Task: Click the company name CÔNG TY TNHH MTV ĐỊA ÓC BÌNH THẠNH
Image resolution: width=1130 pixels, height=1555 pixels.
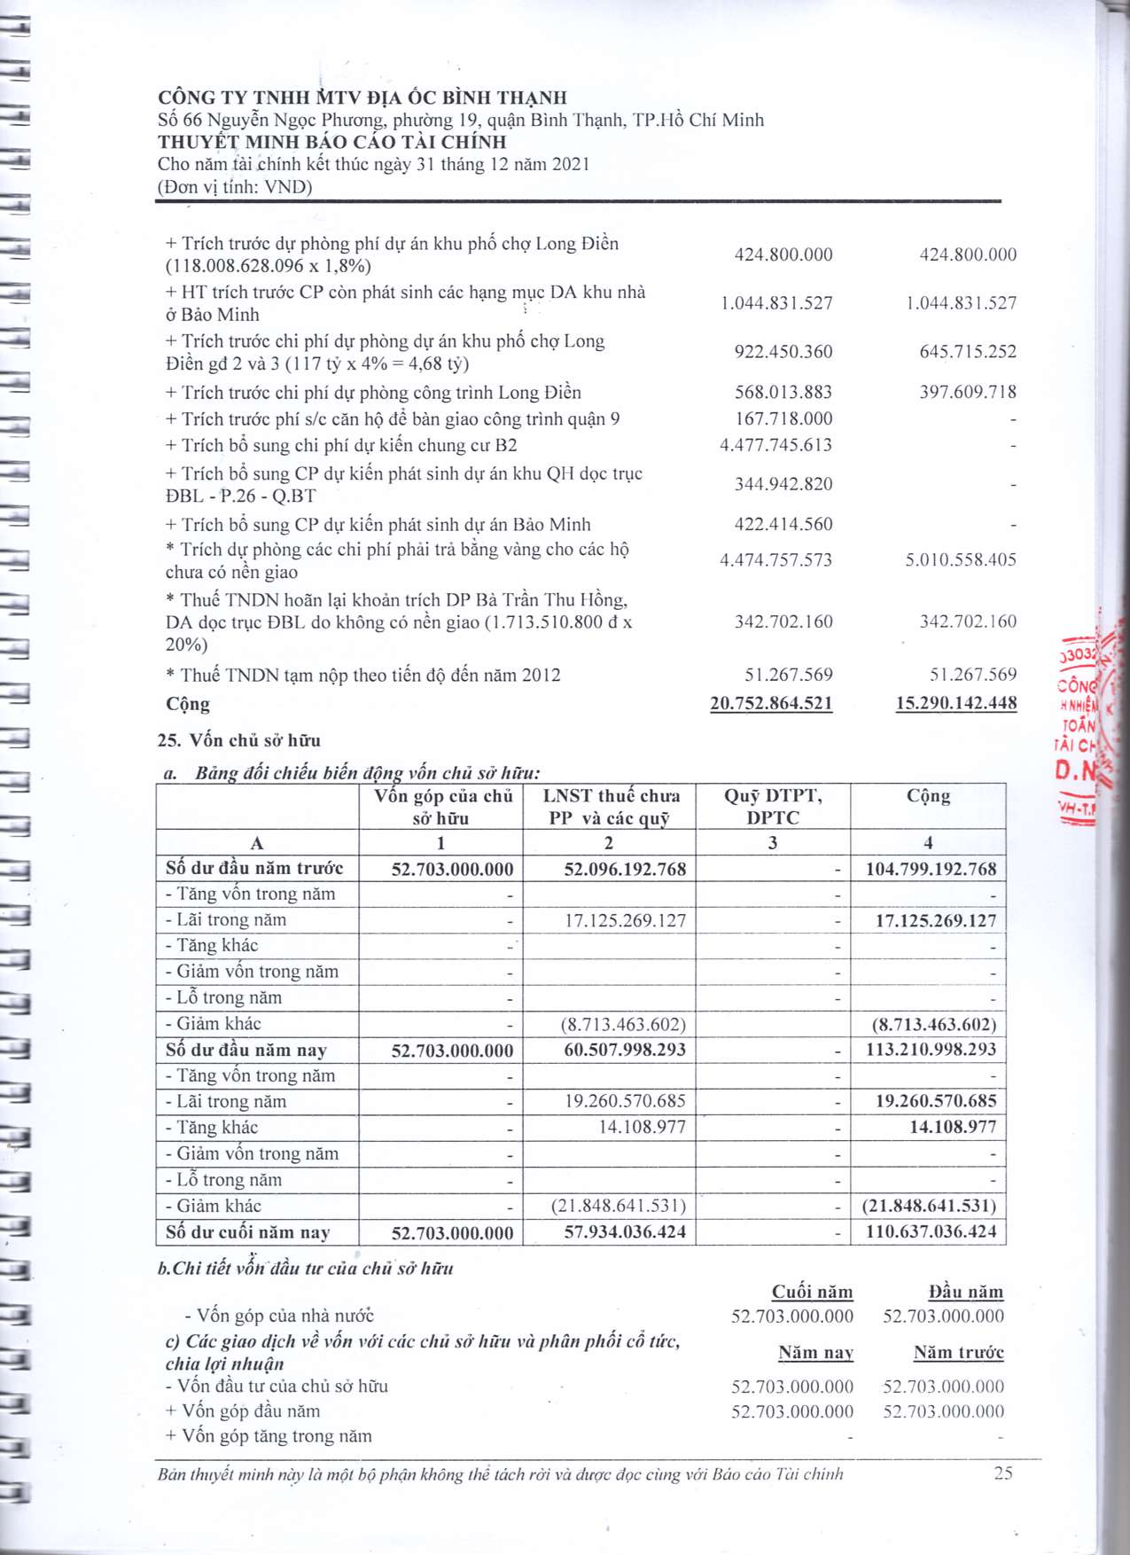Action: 362,98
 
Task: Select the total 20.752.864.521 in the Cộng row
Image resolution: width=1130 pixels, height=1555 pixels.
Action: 771,703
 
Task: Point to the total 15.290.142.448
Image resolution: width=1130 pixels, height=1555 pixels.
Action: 956,703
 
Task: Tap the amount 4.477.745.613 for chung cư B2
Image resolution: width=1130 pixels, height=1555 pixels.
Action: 775,445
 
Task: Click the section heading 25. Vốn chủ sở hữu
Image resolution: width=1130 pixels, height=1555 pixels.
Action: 238,740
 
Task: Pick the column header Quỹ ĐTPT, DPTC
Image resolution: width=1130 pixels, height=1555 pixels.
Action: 773,807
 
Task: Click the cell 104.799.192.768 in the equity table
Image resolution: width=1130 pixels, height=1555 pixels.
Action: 931,869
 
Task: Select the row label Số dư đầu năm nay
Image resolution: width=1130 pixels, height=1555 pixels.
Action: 246,1051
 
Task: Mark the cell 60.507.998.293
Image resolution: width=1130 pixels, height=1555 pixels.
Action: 625,1050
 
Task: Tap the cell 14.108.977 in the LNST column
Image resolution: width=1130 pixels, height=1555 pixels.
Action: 642,1127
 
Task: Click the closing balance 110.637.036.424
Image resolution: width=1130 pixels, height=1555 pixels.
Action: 931,1231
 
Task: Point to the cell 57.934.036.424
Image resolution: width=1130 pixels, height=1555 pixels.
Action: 625,1231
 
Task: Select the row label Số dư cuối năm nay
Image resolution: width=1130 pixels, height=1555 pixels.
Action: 248,1232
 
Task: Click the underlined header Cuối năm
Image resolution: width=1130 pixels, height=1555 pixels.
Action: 812,1292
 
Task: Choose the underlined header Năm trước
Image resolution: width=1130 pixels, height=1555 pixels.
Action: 958,1353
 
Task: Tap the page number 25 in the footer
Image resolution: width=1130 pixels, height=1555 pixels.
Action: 1003,1473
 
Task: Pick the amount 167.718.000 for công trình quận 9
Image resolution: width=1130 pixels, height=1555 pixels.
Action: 783,418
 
